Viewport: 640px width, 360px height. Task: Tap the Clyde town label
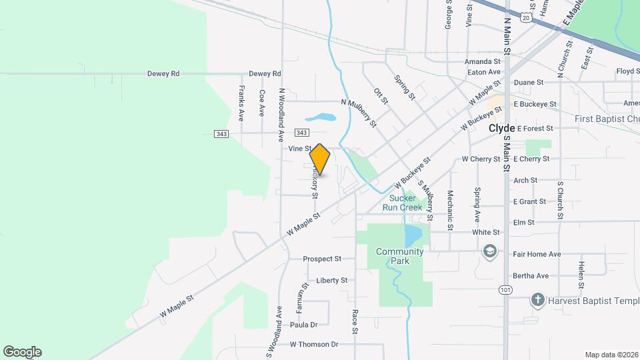(502, 128)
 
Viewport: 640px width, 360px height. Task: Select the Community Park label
(399, 256)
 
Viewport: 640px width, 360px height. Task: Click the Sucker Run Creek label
(402, 203)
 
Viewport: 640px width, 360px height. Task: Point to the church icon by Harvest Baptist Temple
(538, 300)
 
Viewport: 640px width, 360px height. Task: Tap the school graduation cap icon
(490, 252)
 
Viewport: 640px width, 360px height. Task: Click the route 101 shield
(506, 289)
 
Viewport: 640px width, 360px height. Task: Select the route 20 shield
(527, 18)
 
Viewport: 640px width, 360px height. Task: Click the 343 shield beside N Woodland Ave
(301, 133)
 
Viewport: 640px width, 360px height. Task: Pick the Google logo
(22, 352)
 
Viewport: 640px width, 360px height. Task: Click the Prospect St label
(322, 259)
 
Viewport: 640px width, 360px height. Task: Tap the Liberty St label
(332, 281)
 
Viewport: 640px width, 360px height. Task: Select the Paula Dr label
(303, 325)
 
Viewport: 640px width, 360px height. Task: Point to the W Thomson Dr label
(314, 345)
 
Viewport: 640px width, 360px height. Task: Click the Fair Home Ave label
(537, 254)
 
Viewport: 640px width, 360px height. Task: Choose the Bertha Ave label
(531, 275)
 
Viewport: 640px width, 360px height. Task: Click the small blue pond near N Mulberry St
(325, 118)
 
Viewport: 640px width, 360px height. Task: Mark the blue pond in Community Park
(412, 235)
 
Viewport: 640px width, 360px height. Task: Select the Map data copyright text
(611, 355)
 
